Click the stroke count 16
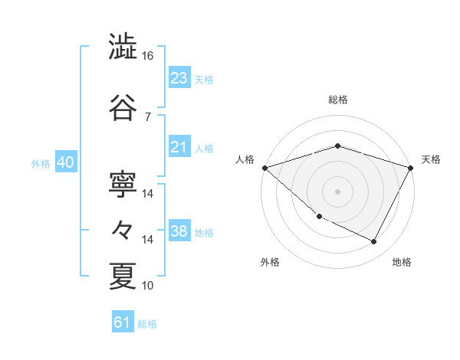(148, 56)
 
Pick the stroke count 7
(148, 116)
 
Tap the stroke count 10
(148, 286)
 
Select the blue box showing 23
(179, 78)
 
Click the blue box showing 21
(179, 147)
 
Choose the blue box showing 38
(179, 231)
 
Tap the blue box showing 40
(64, 162)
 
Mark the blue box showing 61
(122, 322)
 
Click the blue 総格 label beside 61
(148, 324)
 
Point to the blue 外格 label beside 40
(40, 163)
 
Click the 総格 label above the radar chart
(337, 100)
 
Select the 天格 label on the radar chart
(431, 159)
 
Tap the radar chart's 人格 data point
(264, 168)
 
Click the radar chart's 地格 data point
(374, 242)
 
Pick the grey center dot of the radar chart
(337, 191)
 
